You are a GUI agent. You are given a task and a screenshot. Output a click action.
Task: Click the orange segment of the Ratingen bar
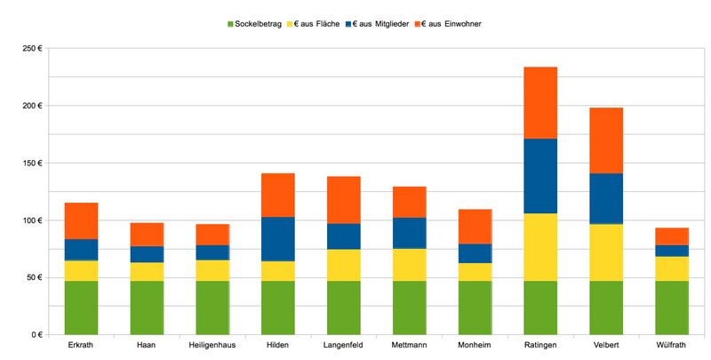[x=540, y=102]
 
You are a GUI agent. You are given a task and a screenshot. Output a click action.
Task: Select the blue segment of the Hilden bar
[x=278, y=239]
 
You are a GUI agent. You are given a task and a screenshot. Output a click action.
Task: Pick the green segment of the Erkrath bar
[x=82, y=308]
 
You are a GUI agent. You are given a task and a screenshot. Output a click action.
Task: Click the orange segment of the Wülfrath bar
[x=672, y=236]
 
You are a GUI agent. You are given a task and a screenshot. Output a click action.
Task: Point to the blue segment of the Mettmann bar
[x=410, y=233]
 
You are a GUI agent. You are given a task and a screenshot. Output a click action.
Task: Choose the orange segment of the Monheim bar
[x=475, y=227]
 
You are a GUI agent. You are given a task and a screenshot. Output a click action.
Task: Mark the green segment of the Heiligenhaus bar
[x=212, y=308]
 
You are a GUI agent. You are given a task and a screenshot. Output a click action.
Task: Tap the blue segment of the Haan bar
[x=148, y=254]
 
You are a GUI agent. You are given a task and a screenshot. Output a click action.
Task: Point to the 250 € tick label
[x=33, y=49]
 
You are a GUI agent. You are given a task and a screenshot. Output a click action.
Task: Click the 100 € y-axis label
[x=33, y=220]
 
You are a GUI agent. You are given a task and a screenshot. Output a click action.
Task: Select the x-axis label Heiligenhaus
[x=212, y=346]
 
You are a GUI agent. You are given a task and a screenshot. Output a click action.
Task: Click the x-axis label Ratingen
[x=540, y=346]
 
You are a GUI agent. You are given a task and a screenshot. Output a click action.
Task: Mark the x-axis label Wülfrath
[x=672, y=346]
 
